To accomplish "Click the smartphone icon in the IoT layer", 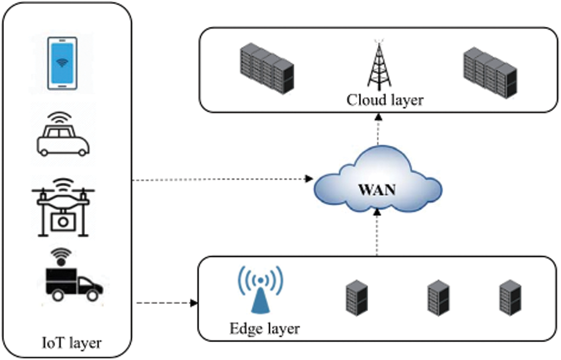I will [x=62, y=63].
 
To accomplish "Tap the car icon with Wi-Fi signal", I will [x=63, y=137].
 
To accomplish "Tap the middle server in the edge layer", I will [x=438, y=297].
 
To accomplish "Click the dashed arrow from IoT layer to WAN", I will [x=222, y=180].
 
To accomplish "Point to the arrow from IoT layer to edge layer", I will [x=166, y=303].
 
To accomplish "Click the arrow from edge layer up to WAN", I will [x=378, y=233].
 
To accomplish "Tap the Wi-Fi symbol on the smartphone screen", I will [x=62, y=61].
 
